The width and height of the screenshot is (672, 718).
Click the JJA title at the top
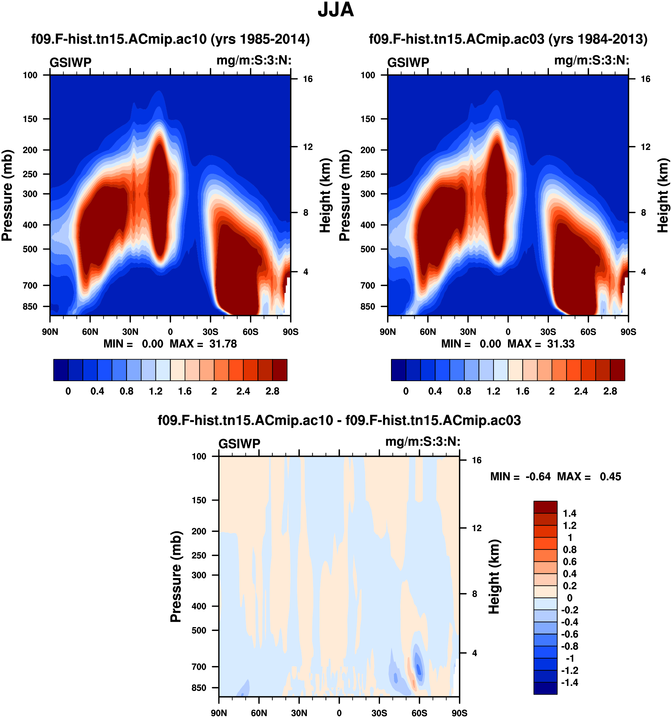335,10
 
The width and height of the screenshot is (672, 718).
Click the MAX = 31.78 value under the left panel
203,343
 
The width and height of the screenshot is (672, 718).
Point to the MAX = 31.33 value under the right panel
541,343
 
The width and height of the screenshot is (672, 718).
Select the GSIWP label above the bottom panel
239,444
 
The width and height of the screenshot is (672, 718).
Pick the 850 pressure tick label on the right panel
368,306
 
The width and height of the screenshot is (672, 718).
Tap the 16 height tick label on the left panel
308,79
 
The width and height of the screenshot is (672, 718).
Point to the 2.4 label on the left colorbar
243,391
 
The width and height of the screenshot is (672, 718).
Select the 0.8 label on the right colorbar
464,391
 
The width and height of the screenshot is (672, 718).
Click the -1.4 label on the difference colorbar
569,682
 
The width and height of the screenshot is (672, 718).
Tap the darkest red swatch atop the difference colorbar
545,507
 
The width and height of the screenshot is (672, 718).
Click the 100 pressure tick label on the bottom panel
199,456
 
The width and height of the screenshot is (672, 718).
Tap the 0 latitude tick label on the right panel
508,332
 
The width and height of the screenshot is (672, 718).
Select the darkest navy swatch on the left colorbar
61,370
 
